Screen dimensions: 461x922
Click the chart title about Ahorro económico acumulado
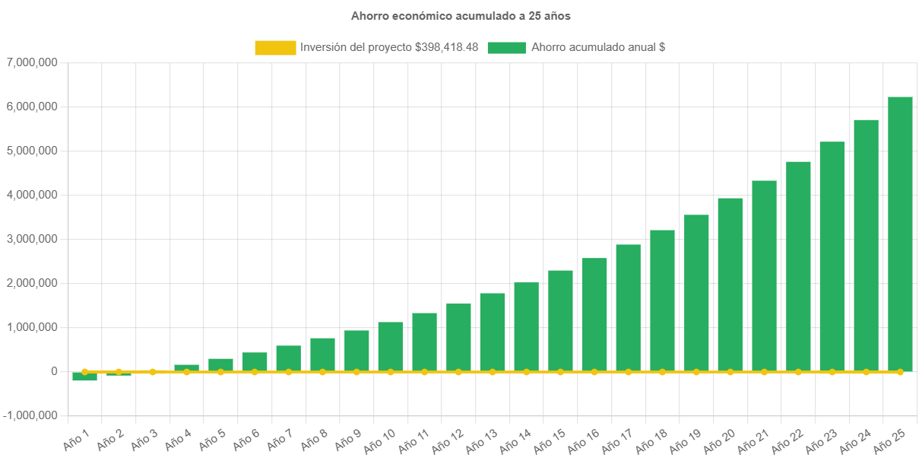tap(461, 16)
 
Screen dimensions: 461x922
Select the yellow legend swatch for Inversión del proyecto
tap(275, 48)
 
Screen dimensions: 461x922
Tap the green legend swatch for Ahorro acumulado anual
tap(506, 48)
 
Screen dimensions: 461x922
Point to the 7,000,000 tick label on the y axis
tap(32, 62)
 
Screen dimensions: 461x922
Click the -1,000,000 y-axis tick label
tap(30, 415)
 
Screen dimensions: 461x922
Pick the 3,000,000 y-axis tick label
tap(32, 239)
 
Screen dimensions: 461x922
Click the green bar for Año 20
tap(730, 285)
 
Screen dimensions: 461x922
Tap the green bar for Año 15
tap(560, 320)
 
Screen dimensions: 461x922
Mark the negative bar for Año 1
tap(84, 377)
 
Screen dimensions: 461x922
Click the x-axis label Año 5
tap(212, 440)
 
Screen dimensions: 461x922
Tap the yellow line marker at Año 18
tap(662, 372)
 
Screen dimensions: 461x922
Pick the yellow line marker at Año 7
tap(289, 372)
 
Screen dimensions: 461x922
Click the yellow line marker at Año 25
tap(900, 372)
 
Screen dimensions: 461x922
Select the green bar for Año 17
tap(628, 307)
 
